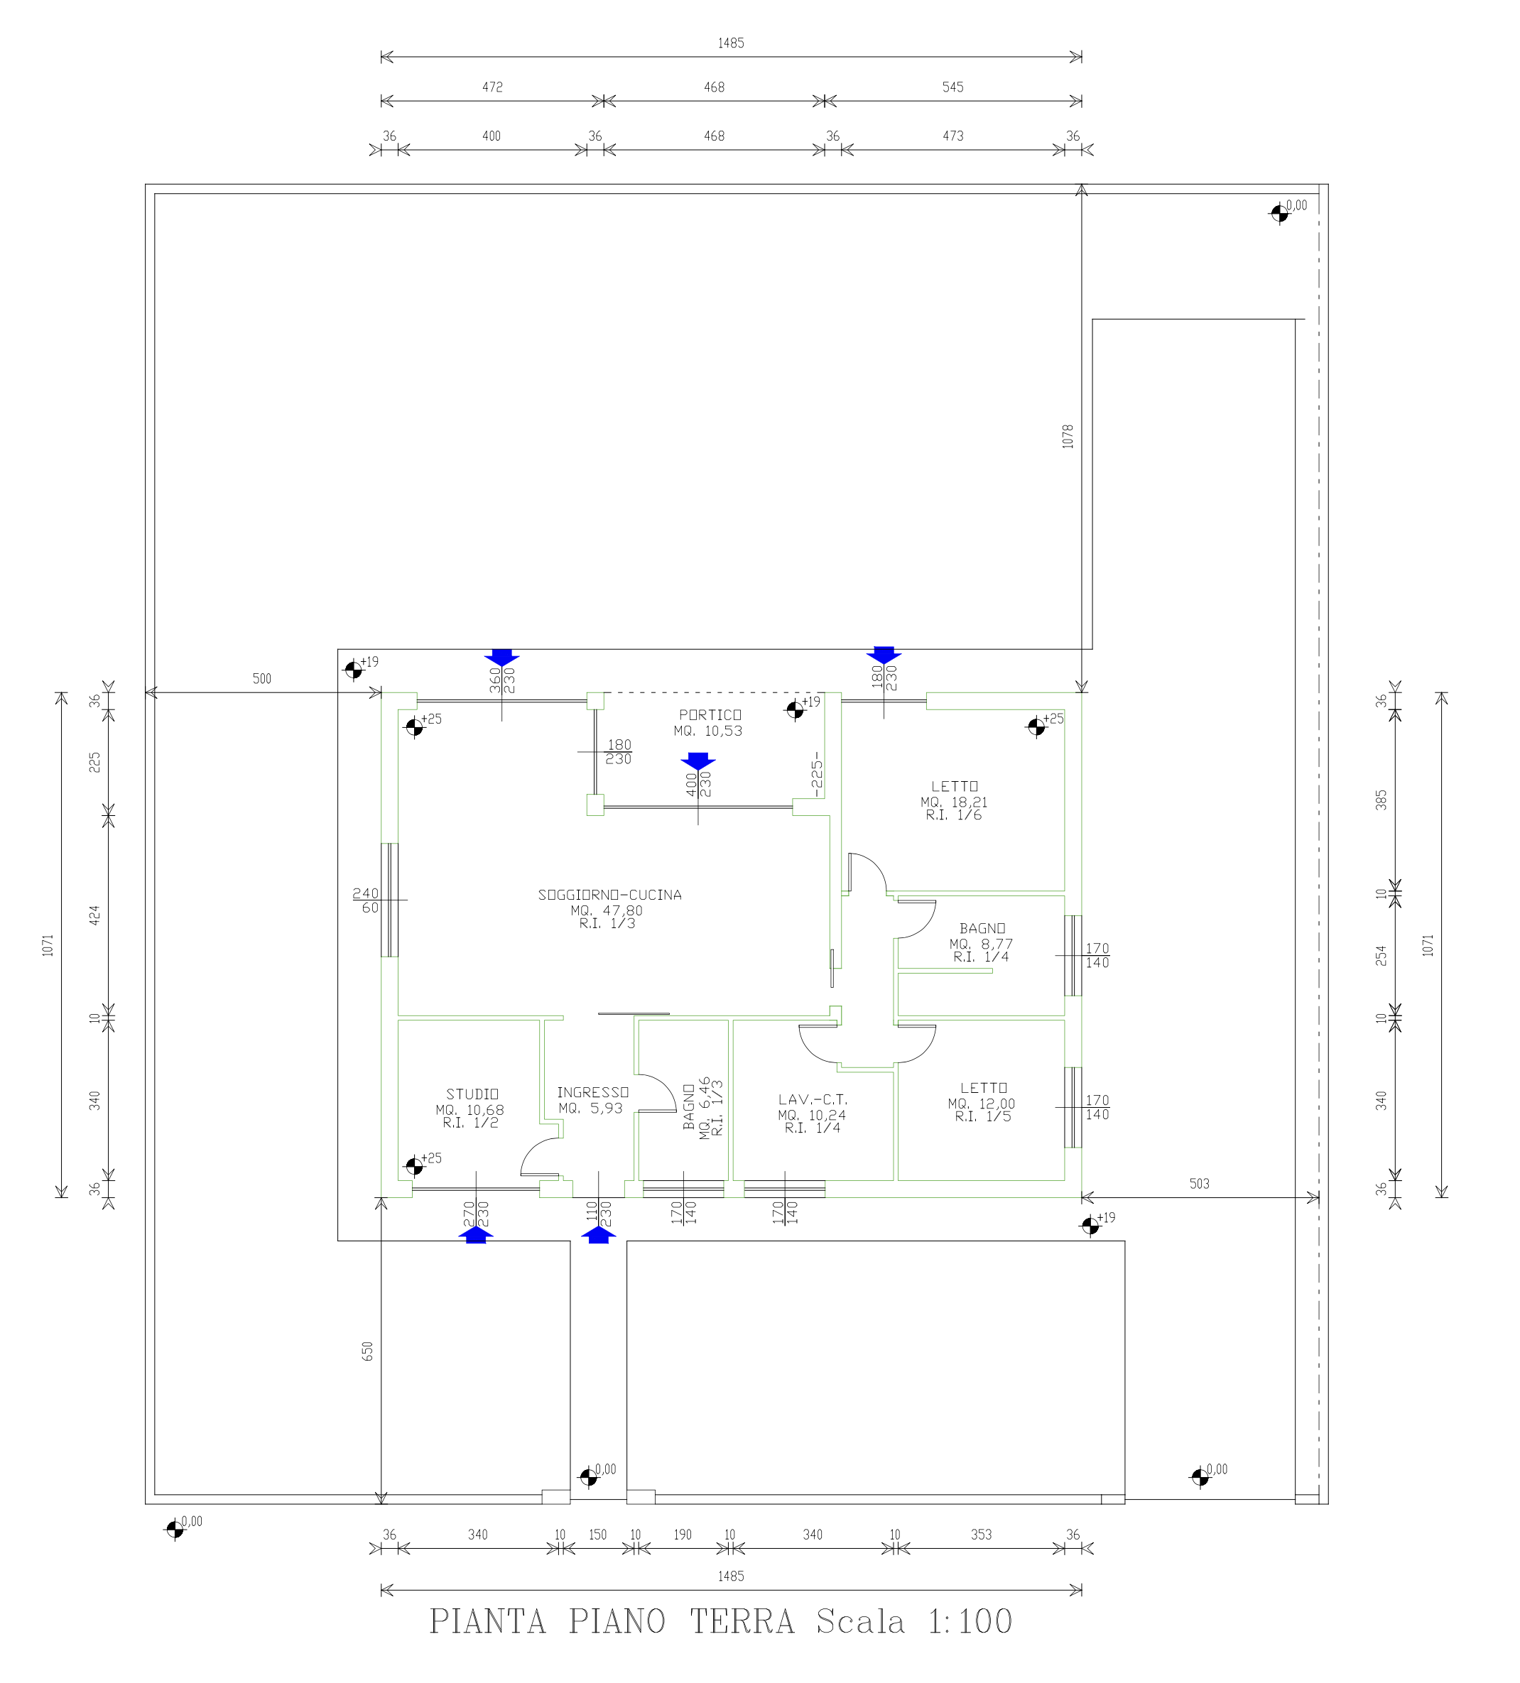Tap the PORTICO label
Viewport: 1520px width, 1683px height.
710,714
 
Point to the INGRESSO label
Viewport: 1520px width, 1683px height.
593,1092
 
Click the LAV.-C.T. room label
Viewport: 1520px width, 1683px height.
813,1099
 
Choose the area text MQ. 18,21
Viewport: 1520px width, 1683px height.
954,802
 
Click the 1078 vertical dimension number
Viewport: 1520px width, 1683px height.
1068,437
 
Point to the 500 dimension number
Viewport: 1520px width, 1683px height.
262,679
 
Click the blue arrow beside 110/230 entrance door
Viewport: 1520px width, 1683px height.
598,1235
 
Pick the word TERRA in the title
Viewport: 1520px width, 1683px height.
742,1621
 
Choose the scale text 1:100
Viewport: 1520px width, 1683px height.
970,1621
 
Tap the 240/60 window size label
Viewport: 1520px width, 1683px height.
366,900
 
